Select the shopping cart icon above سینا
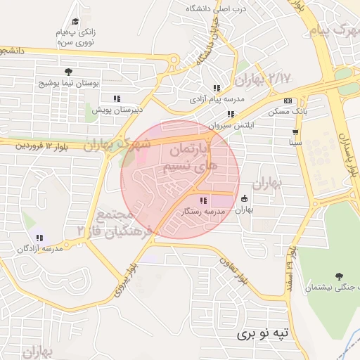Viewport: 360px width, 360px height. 295,131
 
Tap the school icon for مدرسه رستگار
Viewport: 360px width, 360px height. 204,201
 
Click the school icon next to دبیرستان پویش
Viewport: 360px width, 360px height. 117,98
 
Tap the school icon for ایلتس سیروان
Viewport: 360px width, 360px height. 231,113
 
